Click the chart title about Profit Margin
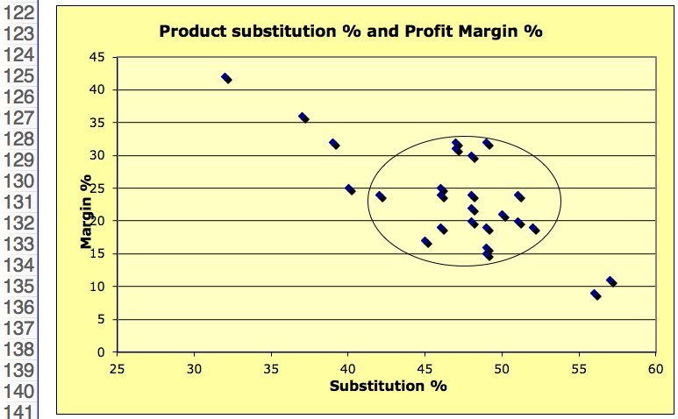point(351,32)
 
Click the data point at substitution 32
point(226,78)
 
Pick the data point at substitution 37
point(303,117)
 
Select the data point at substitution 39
point(334,144)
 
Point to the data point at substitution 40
point(350,189)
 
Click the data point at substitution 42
point(381,196)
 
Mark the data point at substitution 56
point(596,295)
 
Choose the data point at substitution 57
point(611,281)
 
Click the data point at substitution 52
point(534,229)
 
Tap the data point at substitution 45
point(426,242)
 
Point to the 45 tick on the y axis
point(97,57)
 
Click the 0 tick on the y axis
point(102,352)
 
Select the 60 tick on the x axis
point(655,368)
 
